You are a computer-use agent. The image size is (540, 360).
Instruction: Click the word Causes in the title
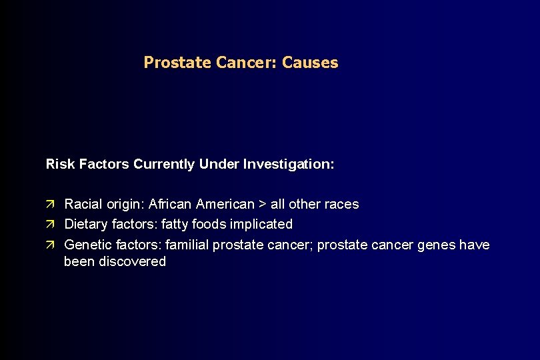[x=310, y=63]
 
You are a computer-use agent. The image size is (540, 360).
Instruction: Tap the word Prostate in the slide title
[x=177, y=63]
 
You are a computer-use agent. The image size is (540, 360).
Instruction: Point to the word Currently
[x=164, y=164]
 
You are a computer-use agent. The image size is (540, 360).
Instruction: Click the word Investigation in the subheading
[x=287, y=164]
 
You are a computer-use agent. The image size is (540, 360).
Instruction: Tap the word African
[x=170, y=205]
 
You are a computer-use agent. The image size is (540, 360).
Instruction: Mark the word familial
[x=187, y=245]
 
